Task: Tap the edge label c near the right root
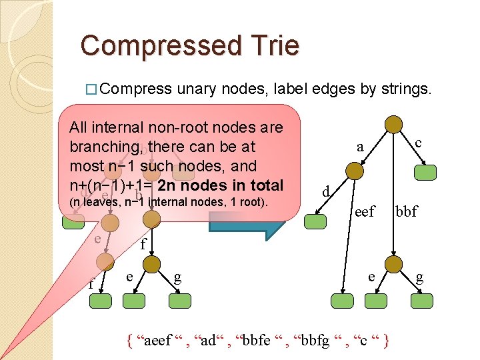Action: coord(418,142)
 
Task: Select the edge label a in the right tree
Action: coord(360,147)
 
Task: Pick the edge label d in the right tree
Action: coord(325,192)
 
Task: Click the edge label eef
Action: coord(365,212)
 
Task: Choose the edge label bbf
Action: coord(407,212)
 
